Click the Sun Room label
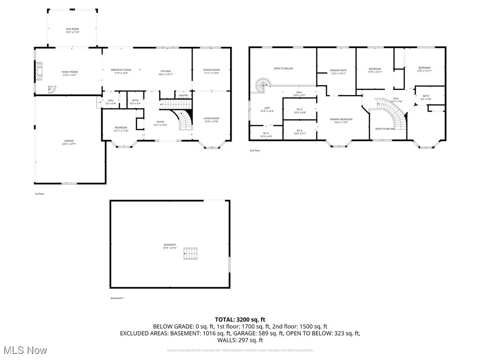72,29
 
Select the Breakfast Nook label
121,70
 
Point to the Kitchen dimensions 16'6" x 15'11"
166,74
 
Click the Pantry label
183,95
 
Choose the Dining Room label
211,70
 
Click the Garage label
69,141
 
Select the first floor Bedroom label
121,127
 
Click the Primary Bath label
338,70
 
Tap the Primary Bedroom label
341,119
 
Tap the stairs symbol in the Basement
191,254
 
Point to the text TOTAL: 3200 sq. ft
240,319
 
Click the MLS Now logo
24,350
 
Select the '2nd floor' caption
255,150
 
